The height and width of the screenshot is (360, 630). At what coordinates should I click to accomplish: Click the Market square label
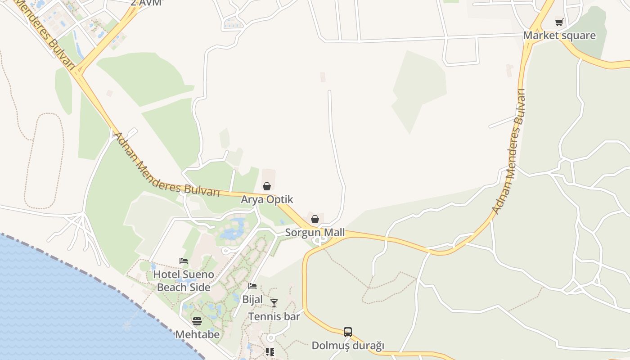point(559,36)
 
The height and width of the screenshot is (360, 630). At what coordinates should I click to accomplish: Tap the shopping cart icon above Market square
point(559,22)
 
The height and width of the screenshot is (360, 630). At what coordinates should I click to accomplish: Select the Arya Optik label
point(267,199)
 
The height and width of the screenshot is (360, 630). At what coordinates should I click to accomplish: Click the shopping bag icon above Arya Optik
point(267,186)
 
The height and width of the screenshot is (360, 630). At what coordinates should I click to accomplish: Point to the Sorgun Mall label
point(315,233)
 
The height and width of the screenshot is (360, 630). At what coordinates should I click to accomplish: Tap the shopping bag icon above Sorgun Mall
point(315,219)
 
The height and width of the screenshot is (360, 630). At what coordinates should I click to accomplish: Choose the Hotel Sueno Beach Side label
point(184,281)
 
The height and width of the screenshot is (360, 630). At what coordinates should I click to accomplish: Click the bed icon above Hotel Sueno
point(184,261)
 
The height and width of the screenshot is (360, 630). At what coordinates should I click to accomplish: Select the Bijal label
point(252,299)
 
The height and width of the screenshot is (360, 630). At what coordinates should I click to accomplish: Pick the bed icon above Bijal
point(252,286)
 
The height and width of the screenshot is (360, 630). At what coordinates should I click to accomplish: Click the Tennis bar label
point(274,316)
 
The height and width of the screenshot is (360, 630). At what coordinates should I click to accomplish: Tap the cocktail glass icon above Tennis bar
point(274,303)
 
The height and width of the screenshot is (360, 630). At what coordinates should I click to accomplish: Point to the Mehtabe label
point(197,334)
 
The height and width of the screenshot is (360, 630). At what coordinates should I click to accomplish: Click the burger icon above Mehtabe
point(197,321)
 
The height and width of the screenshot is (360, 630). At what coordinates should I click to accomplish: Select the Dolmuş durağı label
point(348,346)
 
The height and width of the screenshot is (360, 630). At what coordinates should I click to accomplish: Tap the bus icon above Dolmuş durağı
point(348,332)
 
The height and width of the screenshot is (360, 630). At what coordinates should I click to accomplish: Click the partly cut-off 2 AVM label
point(146,3)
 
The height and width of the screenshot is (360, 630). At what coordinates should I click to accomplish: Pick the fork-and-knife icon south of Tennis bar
point(270,351)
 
